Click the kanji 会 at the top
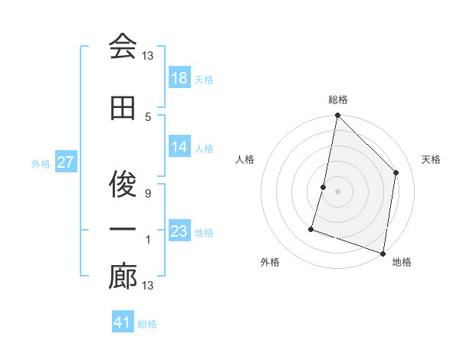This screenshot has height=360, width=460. [x=123, y=47]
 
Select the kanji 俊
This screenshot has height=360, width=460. [x=123, y=184]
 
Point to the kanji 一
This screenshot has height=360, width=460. [x=123, y=230]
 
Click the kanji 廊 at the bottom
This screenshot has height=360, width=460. [x=123, y=277]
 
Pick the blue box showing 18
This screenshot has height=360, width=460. [x=179, y=79]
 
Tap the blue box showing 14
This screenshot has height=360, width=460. [x=179, y=148]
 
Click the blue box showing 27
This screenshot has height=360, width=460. [x=66, y=163]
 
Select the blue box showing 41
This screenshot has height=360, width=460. [x=123, y=323]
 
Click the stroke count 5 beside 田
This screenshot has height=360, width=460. [x=148, y=116]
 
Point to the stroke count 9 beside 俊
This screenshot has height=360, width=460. [x=148, y=193]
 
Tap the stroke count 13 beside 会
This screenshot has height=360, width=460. [x=148, y=56]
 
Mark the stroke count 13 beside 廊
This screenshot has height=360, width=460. [x=148, y=286]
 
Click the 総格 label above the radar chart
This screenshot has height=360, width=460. [x=338, y=100]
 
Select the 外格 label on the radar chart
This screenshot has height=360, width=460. [x=270, y=262]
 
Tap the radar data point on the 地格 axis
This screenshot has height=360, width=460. [x=383, y=253]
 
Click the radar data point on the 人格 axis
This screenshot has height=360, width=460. [x=324, y=187]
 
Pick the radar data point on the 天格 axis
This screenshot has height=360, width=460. [x=396, y=172]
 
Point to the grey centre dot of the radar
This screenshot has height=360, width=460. [x=337, y=191]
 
